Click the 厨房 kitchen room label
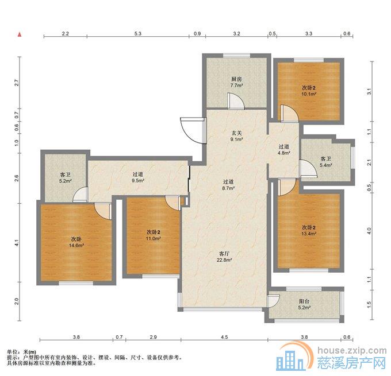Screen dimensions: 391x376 coord(236,79)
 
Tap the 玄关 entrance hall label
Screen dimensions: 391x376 coord(236,133)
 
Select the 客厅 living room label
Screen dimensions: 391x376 coord(224,254)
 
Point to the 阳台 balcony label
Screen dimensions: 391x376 coord(304,301)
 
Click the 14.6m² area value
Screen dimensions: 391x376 coord(76,246)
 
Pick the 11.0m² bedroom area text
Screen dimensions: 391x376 coord(153,239)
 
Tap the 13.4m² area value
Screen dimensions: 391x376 coord(309,234)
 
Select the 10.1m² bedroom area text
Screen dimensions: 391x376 coord(309,94)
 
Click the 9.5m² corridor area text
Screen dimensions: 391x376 coord(138,181)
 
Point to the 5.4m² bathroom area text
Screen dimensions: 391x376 coord(325,165)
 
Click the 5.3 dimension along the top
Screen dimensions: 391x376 coord(138,33)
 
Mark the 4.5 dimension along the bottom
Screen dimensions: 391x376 coord(224,337)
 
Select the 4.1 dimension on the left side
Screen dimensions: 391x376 coord(17,242)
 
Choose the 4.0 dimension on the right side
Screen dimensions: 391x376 coord(369,231)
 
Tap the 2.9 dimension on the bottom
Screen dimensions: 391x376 coord(154,337)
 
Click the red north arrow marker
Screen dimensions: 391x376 coord(20,34)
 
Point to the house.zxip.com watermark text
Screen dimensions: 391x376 coord(352,351)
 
